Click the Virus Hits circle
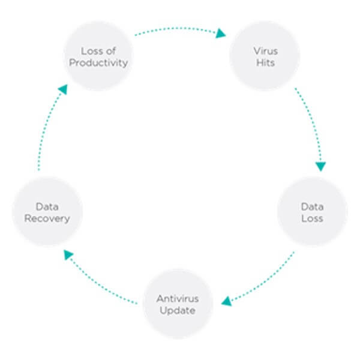tap(265, 56)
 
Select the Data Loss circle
tap(312, 212)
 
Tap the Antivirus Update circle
tap(178, 304)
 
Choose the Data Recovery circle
tap(47, 212)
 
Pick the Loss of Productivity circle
tap(99, 56)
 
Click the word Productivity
tap(99, 62)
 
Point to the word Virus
tap(266, 51)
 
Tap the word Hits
tap(266, 62)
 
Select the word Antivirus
tap(178, 299)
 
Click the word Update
tap(178, 311)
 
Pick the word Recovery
tap(47, 218)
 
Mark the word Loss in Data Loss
tap(312, 218)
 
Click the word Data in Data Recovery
tap(47, 206)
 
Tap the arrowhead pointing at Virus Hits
tap(221, 33)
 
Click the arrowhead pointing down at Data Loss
tap(321, 166)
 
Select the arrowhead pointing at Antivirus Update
tap(227, 301)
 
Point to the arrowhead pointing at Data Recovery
tap(68, 254)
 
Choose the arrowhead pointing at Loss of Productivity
tap(63, 89)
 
